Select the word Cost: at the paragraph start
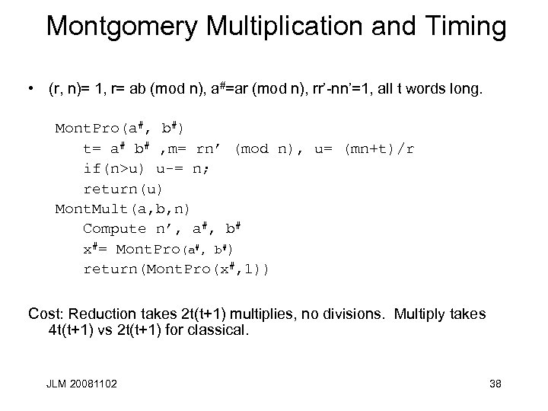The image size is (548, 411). coord(45,313)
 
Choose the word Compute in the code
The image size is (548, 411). coord(114,228)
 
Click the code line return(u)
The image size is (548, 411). coord(123,188)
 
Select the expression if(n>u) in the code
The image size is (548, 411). coord(119,168)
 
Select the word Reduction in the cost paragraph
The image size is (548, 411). coord(102,313)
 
